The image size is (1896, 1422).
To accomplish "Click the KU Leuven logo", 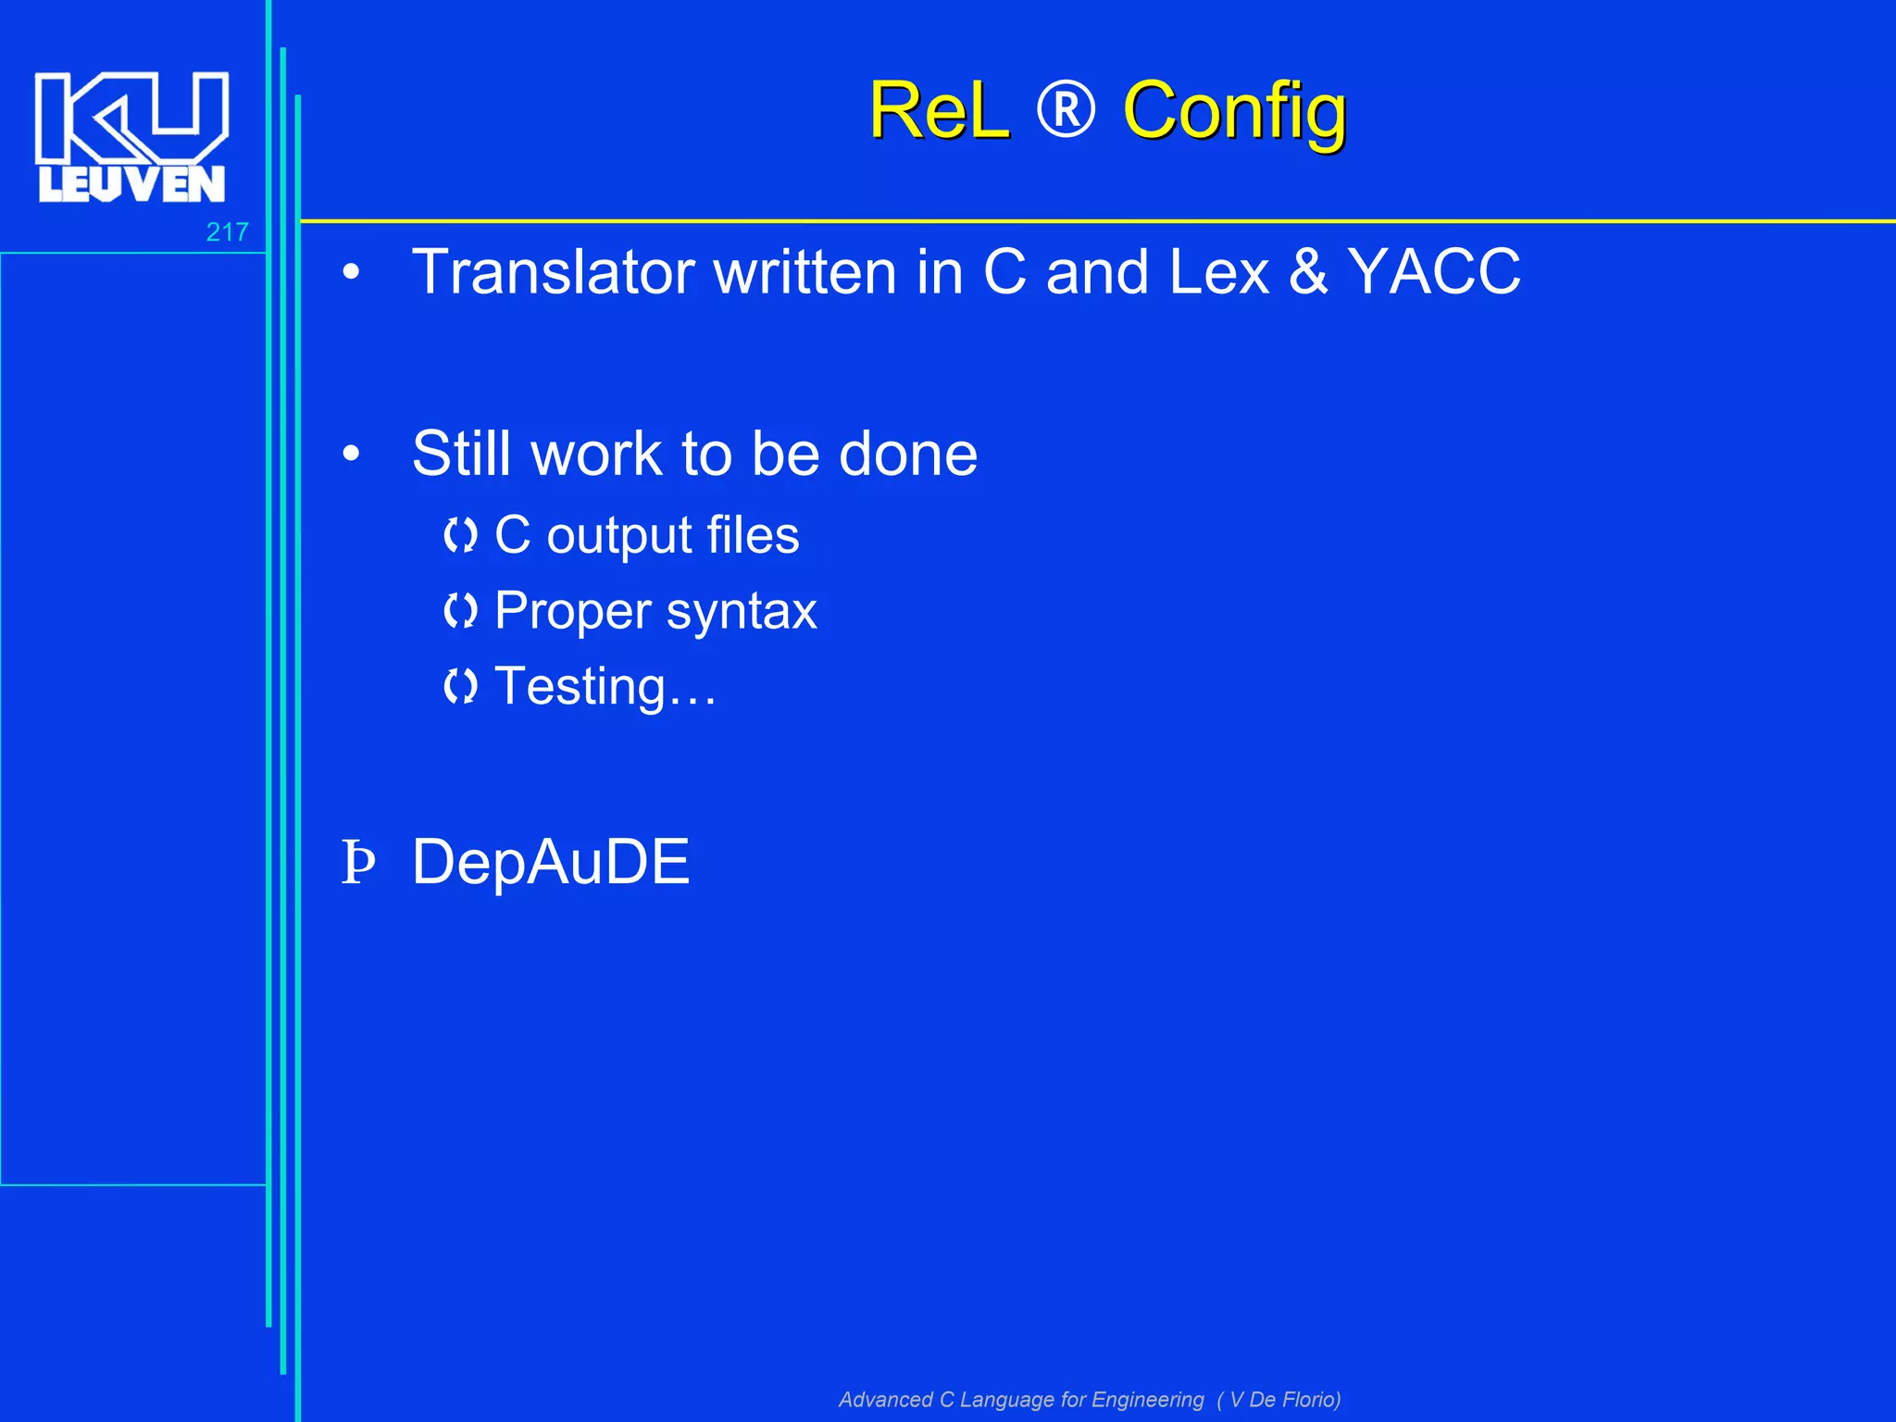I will [131, 136].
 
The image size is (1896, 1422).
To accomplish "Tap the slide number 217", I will [227, 231].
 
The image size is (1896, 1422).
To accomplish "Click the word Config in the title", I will [1234, 112].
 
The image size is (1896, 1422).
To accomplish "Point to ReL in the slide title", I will [939, 111].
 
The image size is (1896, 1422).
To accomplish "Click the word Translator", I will [554, 272].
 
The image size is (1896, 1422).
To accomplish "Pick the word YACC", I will [1433, 272].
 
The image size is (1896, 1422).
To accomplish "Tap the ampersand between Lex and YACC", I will [1308, 272].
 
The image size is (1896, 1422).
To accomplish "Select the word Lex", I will [1218, 272].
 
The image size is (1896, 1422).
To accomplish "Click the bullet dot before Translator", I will [351, 273].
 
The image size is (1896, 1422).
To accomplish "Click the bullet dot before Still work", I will [351, 455].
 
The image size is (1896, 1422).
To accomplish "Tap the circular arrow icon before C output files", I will [460, 535].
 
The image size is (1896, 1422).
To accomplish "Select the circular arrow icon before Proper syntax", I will [460, 611].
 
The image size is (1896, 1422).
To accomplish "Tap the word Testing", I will [580, 687].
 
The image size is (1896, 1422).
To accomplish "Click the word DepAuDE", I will [551, 862].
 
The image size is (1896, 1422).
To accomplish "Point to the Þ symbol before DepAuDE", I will [357, 862].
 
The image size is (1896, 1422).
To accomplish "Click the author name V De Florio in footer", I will [1284, 1399].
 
